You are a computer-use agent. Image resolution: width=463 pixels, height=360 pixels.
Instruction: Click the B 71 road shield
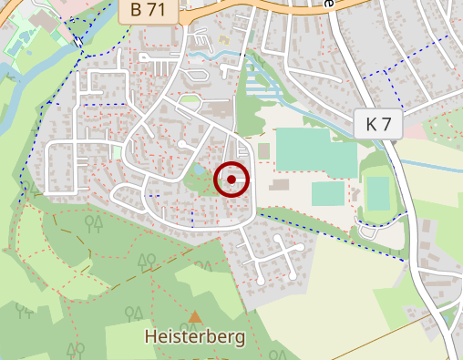tap(148, 11)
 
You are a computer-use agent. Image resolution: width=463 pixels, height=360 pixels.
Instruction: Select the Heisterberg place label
tap(195, 337)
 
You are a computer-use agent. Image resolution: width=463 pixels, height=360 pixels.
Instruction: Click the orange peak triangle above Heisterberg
tap(195, 316)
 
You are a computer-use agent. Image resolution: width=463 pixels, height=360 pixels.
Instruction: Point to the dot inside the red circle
tap(231, 180)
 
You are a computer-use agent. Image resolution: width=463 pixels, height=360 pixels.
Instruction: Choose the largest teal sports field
tap(316, 150)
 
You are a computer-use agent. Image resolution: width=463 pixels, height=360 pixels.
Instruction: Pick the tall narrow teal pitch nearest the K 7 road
tap(377, 193)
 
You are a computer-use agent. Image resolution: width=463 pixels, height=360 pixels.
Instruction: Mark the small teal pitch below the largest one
tap(328, 194)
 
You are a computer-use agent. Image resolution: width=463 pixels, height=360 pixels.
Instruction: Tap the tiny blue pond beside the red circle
tap(201, 170)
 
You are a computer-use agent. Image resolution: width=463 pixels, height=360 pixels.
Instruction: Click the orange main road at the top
tap(255, 11)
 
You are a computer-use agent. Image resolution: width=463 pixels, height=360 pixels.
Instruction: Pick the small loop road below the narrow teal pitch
tap(369, 231)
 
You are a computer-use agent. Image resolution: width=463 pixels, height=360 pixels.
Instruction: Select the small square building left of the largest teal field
tap(264, 150)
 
